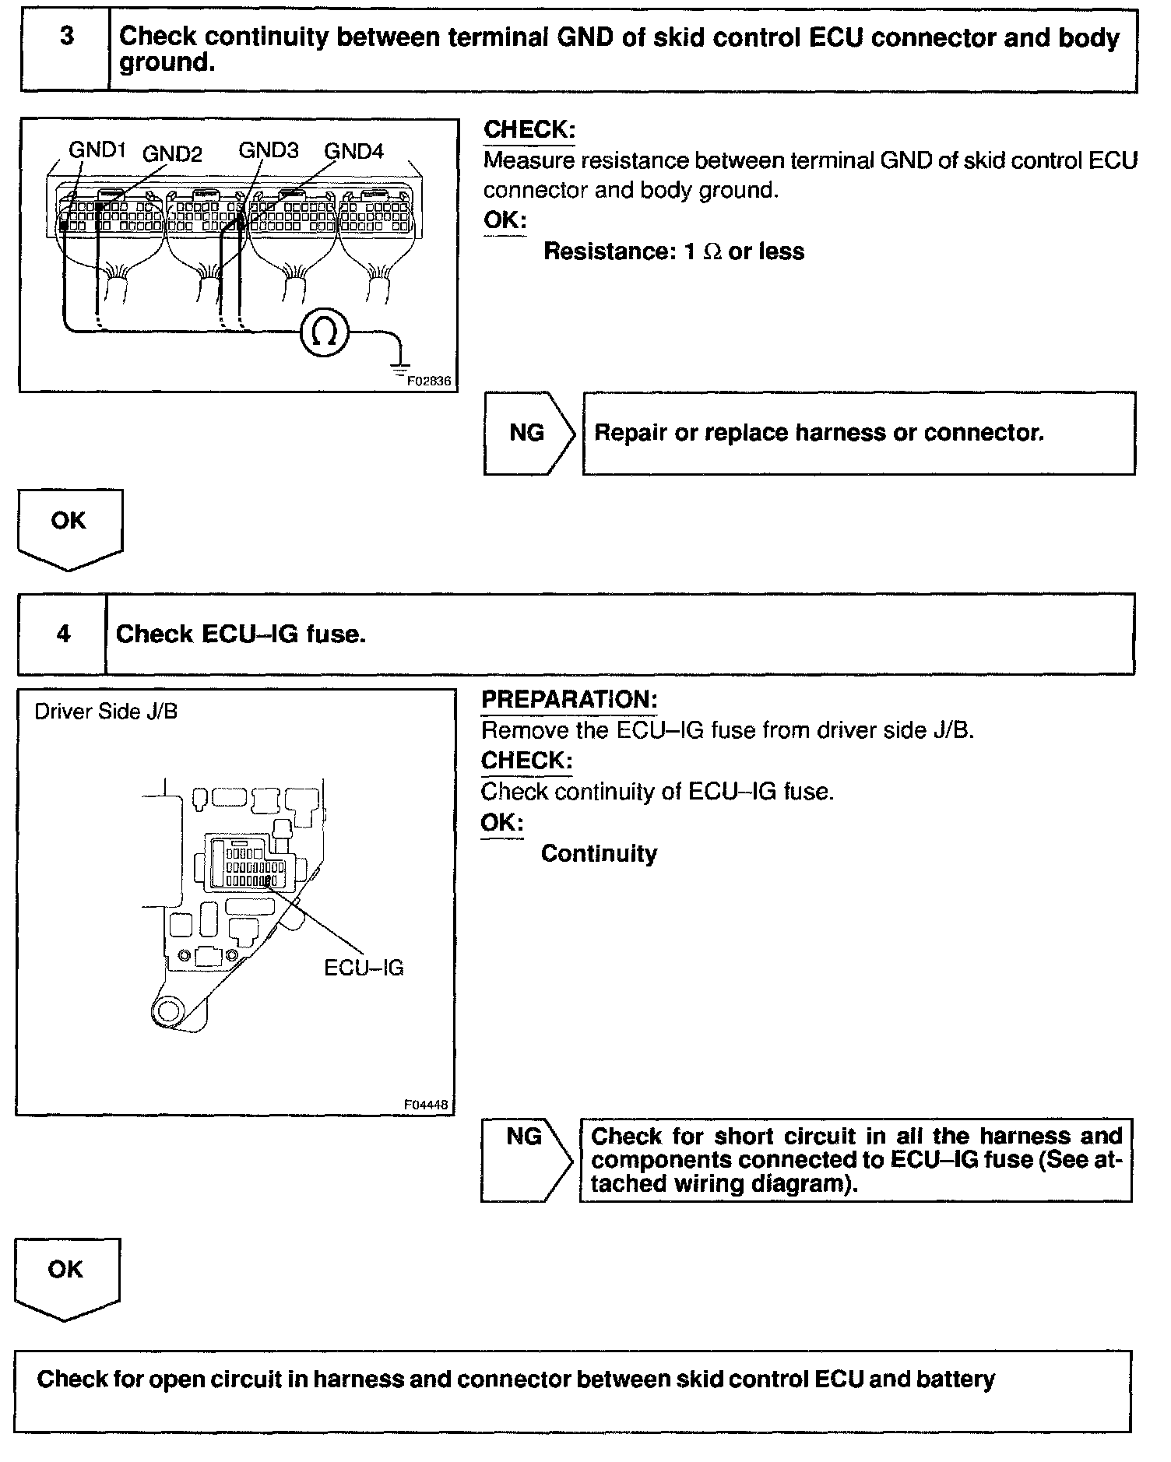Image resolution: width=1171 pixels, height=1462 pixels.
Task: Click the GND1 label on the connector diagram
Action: coord(97,149)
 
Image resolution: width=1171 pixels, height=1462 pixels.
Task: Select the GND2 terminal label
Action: coord(172,154)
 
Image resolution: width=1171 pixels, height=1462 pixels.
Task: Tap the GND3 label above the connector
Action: coord(268,150)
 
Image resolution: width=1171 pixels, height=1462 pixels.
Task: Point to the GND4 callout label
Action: coord(353,151)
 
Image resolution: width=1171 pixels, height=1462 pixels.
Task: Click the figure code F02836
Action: coord(429,381)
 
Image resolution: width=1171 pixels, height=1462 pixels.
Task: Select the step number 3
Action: coord(67,36)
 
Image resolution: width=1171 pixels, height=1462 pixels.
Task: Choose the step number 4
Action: coord(63,634)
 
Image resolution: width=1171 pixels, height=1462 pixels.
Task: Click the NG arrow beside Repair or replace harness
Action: coord(529,433)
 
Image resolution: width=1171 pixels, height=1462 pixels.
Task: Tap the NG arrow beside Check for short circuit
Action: coord(526,1159)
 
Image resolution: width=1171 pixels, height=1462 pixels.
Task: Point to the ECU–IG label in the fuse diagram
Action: coord(364,968)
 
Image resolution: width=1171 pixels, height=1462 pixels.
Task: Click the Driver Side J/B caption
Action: coord(106,712)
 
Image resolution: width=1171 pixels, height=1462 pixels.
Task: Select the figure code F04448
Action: coord(427,1105)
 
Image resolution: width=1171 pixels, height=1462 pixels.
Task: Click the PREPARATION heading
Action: coord(569,699)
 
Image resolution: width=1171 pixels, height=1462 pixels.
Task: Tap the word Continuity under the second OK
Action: coord(599,854)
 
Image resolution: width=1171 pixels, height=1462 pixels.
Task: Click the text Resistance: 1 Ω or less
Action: coord(673,251)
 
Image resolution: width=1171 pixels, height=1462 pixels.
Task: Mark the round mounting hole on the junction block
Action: coord(167,1010)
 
